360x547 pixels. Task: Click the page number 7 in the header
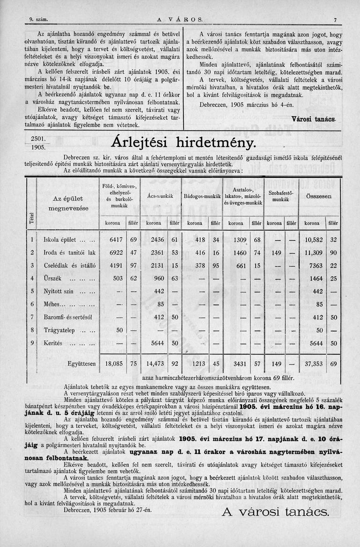[336, 19]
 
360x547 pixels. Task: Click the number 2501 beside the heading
[37, 139]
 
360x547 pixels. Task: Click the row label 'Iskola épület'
[59, 240]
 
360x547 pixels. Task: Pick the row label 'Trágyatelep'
[59, 330]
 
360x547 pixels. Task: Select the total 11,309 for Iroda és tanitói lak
[314, 253]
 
